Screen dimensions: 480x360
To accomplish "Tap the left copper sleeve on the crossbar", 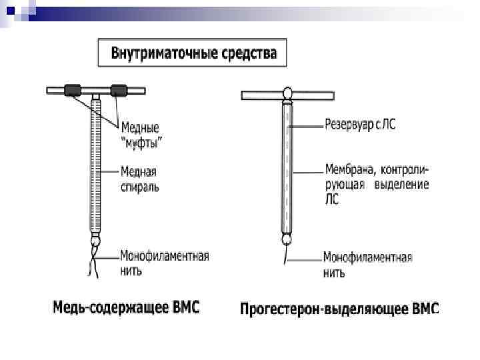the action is click(x=72, y=89).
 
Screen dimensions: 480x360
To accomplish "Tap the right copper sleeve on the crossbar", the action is click(x=119, y=89).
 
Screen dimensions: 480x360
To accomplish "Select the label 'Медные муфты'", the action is click(x=144, y=133).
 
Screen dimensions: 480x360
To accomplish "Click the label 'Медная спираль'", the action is click(x=140, y=179).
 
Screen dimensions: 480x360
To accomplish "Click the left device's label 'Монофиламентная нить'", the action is click(x=164, y=263).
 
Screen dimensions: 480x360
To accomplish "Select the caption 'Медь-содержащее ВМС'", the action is click(x=126, y=308).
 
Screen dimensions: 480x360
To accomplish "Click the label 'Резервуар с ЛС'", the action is click(x=359, y=125).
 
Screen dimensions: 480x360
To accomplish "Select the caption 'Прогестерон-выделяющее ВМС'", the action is click(x=339, y=309).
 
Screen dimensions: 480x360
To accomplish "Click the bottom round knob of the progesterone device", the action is click(x=287, y=238).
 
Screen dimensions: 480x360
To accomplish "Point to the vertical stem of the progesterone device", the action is click(x=287, y=167).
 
